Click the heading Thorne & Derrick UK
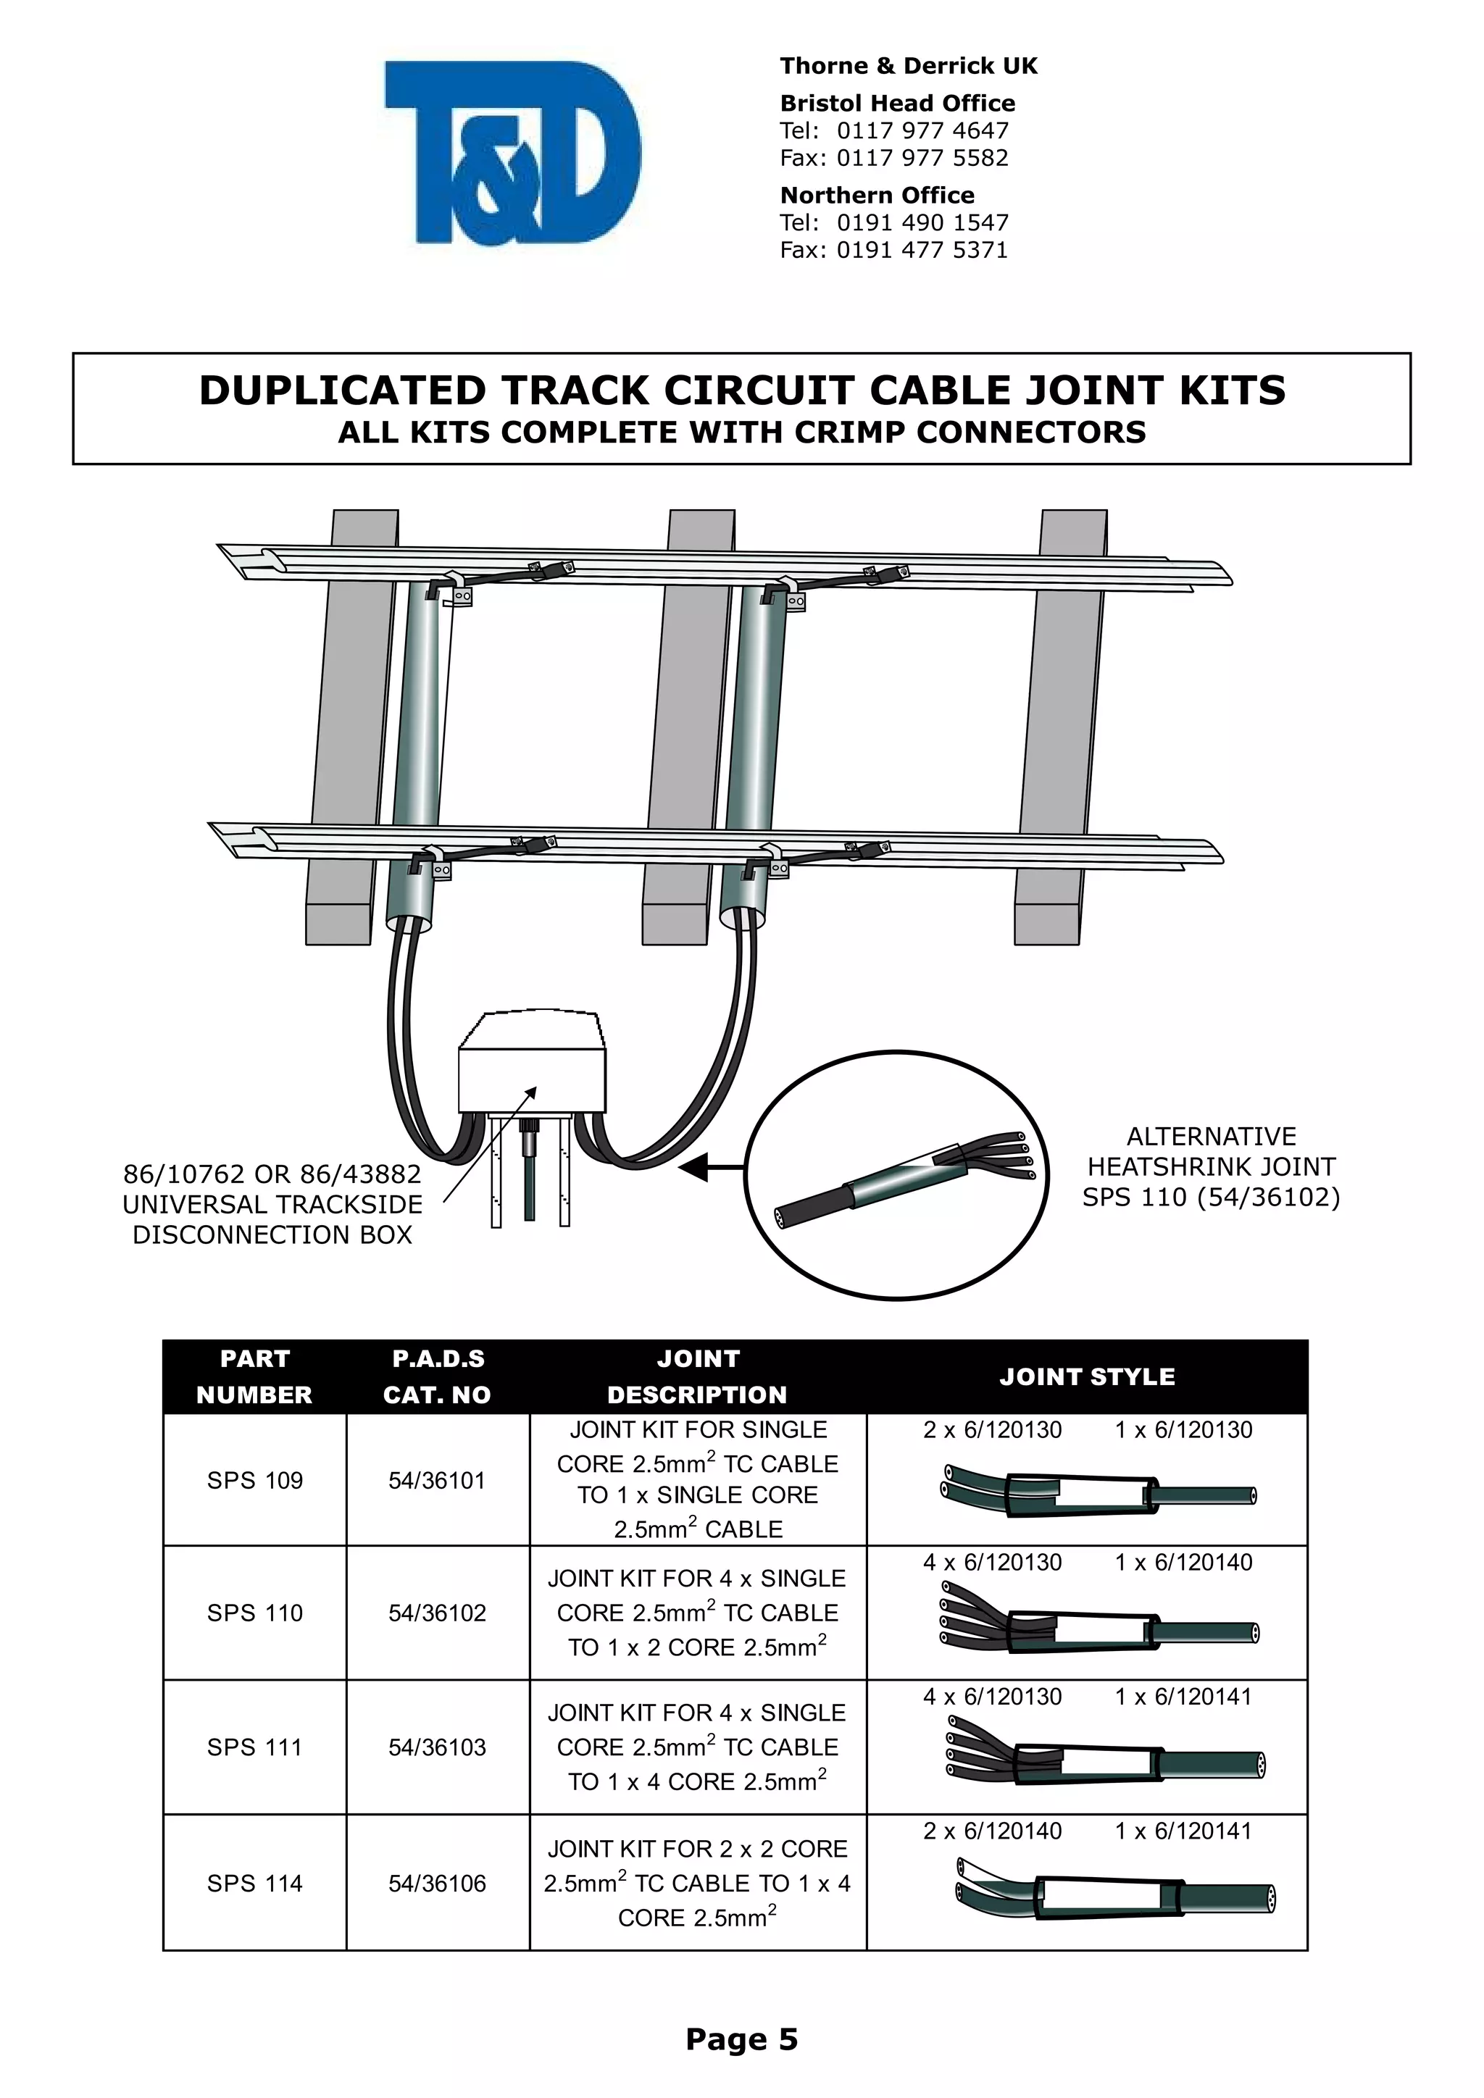[909, 66]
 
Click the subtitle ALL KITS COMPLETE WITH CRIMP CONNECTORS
[741, 432]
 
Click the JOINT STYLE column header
[1086, 1377]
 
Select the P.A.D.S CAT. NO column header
[438, 1377]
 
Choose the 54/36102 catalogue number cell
[438, 1613]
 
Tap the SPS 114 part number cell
[255, 1884]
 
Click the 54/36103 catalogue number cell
[438, 1748]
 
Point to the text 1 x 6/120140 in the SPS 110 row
[1183, 1563]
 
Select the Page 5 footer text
[741, 2039]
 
